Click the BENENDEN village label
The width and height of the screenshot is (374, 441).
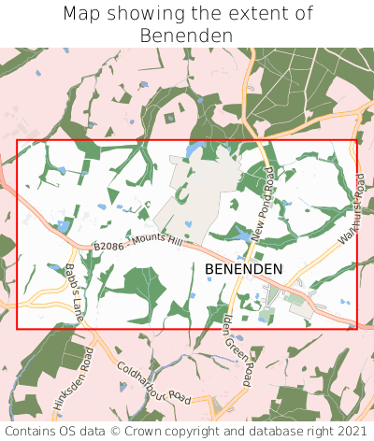(243, 268)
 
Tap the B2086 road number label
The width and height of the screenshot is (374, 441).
(108, 248)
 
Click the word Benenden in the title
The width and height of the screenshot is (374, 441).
(186, 36)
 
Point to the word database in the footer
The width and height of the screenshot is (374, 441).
(266, 431)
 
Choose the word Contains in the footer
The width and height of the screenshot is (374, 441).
(35, 431)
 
